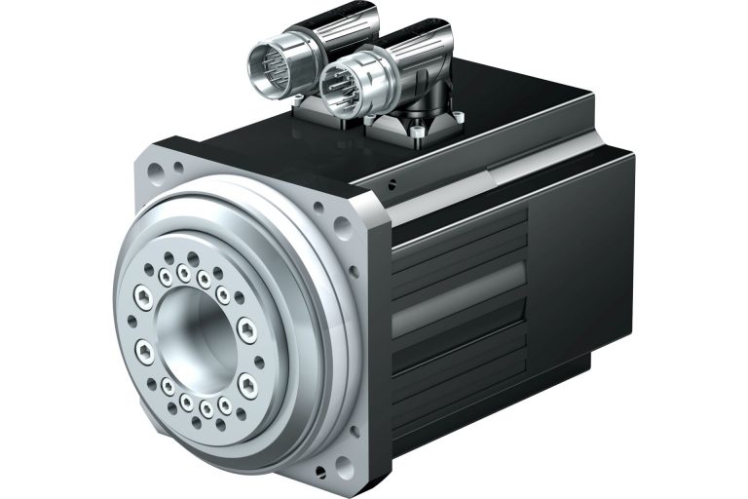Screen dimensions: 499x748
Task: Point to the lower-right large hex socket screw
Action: point(246,381)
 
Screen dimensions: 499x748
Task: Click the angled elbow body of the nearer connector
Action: point(414,83)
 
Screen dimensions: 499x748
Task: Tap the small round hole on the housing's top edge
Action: point(391,184)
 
